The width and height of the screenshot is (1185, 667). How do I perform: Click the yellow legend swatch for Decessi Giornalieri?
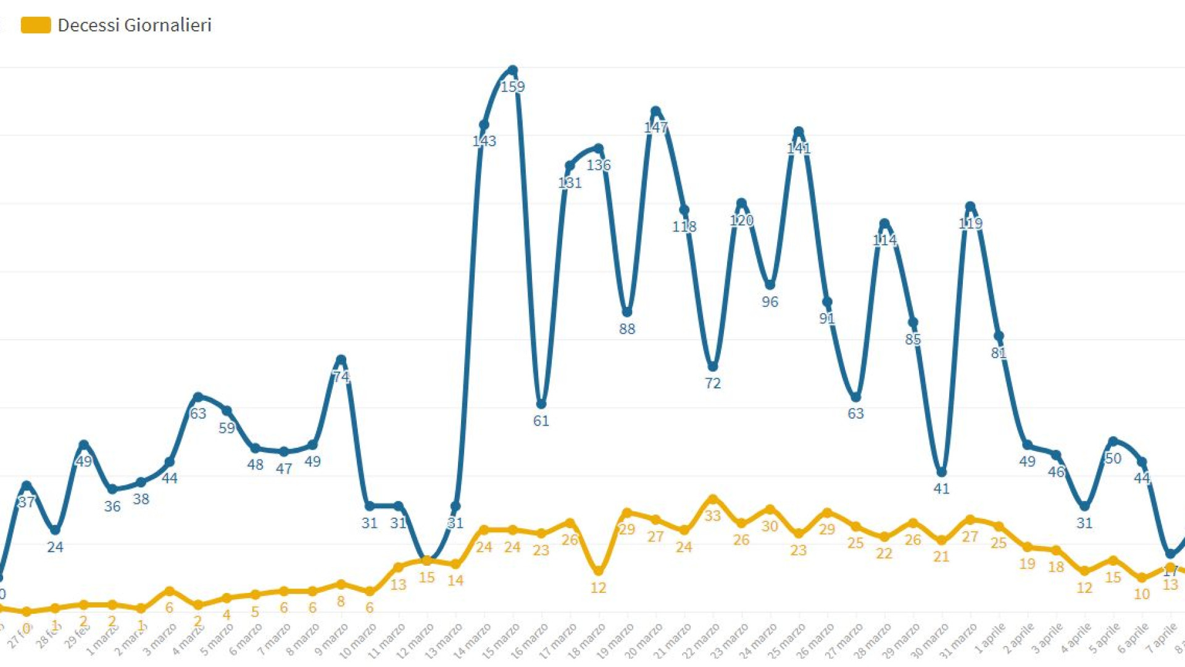coord(36,25)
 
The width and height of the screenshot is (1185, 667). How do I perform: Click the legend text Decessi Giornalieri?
coord(135,25)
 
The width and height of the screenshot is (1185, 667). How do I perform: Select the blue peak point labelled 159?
coord(512,70)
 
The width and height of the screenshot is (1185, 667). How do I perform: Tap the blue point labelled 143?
coord(484,125)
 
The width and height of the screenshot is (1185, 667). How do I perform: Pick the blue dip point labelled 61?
coord(541,405)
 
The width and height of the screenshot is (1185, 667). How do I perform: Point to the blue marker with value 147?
coord(655,112)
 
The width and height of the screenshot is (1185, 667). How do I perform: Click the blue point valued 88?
coord(627,313)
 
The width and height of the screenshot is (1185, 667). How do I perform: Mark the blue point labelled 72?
coord(713,367)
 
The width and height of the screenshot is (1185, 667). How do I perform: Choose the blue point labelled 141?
coord(799,132)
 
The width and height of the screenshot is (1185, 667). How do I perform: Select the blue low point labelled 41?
coord(941,472)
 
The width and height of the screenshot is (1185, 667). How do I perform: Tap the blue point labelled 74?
coord(341,360)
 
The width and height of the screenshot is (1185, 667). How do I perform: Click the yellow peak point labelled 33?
coord(713,499)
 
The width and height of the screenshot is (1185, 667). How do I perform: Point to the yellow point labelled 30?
coord(770,510)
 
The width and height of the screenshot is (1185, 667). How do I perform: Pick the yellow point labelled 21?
coord(941,540)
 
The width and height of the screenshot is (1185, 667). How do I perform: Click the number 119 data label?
coord(970,224)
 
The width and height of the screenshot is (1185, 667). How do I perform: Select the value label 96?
coord(770,302)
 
